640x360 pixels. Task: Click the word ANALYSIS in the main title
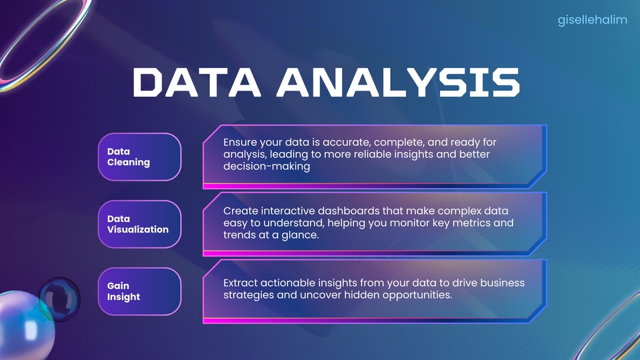tap(399, 83)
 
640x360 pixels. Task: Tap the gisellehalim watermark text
tap(593, 20)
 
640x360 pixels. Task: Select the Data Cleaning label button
tap(139, 157)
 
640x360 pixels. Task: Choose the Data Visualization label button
tap(139, 224)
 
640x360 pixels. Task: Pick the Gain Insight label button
tap(139, 291)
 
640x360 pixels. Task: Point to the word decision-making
tap(267, 167)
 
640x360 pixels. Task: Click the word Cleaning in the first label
tap(128, 162)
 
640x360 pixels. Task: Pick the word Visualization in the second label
tap(137, 229)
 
